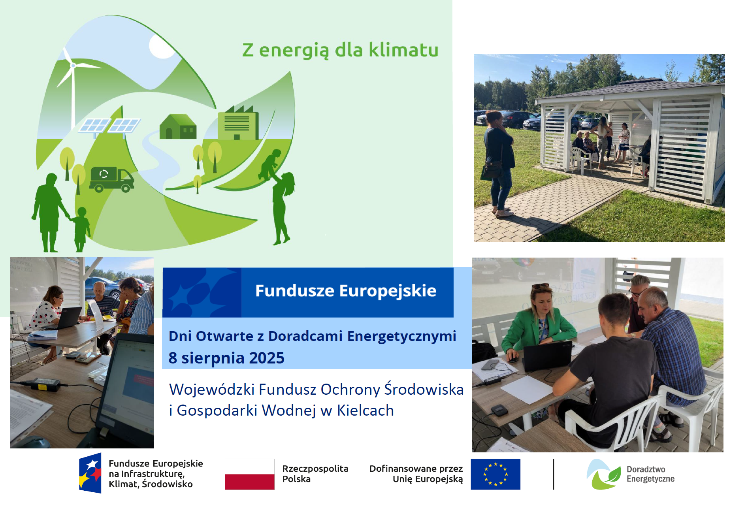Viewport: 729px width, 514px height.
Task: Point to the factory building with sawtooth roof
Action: tap(238, 122)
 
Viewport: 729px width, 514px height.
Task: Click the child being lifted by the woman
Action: tap(270, 164)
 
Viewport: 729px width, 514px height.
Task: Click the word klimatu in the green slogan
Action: tap(403, 50)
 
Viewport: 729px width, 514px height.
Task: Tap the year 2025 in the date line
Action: tap(267, 358)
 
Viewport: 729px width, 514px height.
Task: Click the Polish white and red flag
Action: tap(250, 474)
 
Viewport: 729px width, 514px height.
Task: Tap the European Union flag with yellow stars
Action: tap(495, 474)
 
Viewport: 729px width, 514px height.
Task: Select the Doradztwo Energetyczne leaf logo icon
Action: tap(603, 474)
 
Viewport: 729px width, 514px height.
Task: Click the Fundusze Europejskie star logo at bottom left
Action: tap(90, 473)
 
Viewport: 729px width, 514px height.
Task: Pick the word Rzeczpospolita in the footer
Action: tap(315, 469)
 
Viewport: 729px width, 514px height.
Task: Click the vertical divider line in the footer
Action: tap(554, 474)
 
